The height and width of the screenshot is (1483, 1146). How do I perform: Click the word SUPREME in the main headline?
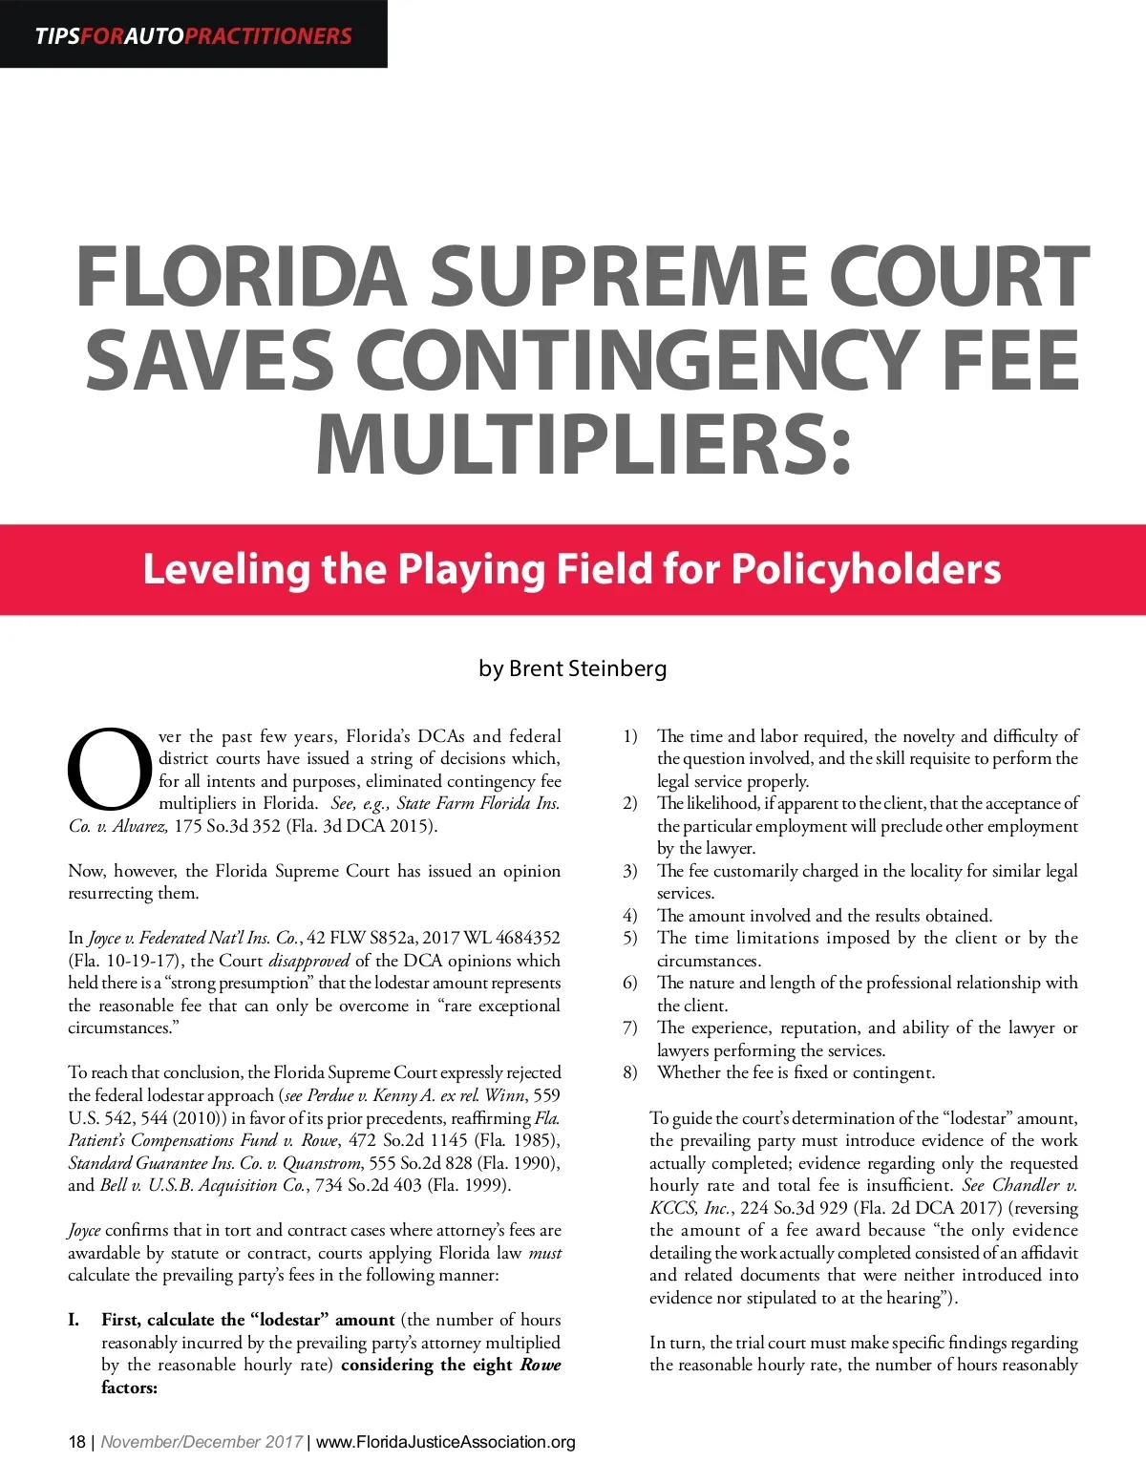click(x=617, y=278)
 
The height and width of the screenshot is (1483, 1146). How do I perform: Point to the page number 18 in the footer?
click(x=76, y=1442)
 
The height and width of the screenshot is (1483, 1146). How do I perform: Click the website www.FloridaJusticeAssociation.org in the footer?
click(x=445, y=1442)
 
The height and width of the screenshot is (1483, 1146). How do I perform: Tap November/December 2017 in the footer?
click(x=202, y=1442)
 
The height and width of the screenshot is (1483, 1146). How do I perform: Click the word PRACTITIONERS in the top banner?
click(x=267, y=36)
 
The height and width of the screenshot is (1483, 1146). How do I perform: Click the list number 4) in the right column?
click(x=630, y=916)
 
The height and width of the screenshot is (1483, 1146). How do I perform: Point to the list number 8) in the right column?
click(x=630, y=1072)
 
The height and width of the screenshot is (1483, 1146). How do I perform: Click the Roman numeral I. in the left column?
click(x=74, y=1320)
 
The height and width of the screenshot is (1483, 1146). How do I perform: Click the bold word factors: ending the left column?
click(x=129, y=1388)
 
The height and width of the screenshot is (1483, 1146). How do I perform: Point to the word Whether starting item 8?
click(x=689, y=1072)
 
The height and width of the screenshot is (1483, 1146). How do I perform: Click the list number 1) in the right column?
click(x=630, y=736)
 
